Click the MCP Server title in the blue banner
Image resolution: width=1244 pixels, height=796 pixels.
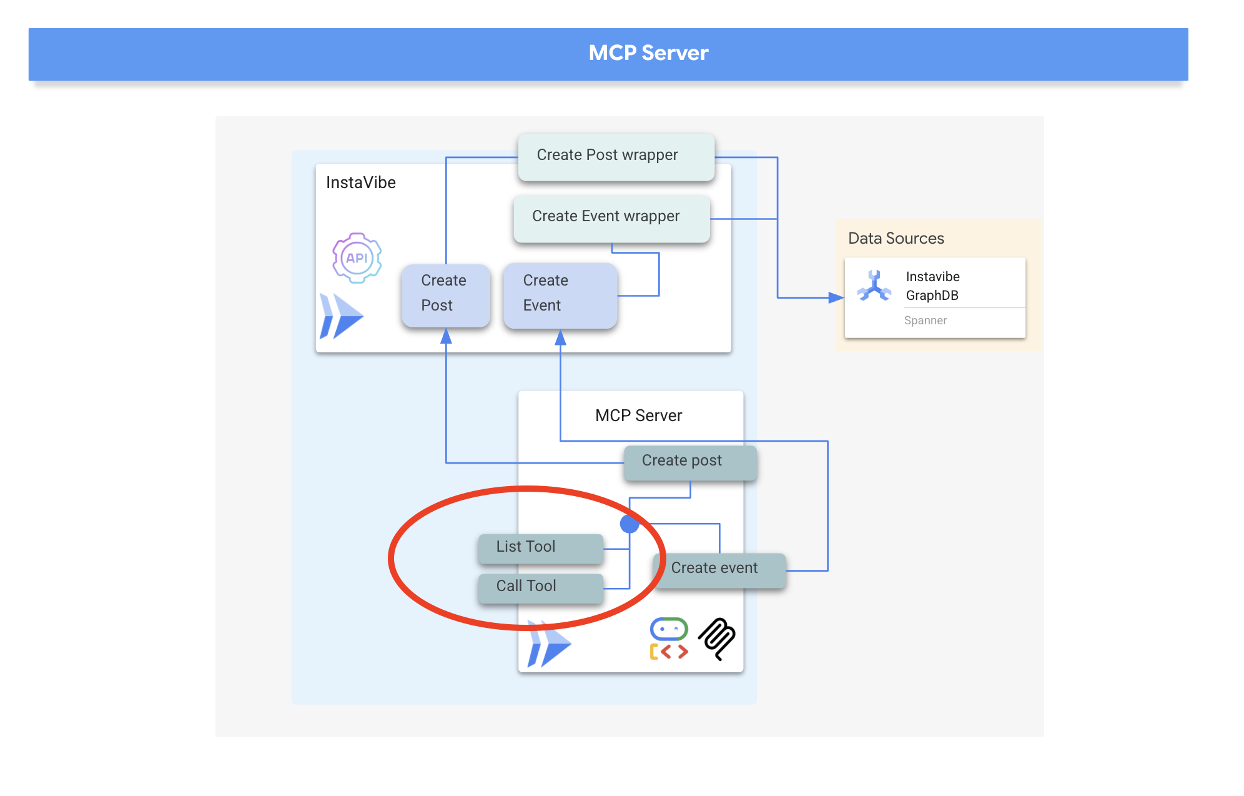(x=648, y=53)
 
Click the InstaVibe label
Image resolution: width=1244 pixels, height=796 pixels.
(x=360, y=182)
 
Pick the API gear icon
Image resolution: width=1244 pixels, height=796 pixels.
(x=357, y=258)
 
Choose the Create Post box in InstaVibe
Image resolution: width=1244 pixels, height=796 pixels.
(x=445, y=294)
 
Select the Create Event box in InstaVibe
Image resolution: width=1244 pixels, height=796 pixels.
(x=560, y=294)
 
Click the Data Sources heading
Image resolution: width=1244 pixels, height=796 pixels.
(x=896, y=238)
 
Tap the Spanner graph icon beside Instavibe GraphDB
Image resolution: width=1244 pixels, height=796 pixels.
(x=874, y=286)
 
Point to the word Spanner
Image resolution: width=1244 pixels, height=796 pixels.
(x=925, y=321)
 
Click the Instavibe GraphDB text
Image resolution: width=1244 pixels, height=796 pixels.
(x=932, y=286)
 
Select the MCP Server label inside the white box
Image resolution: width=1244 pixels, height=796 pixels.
(x=638, y=415)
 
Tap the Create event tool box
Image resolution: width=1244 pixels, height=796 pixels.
(x=719, y=569)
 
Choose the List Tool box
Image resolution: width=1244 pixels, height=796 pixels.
(x=540, y=548)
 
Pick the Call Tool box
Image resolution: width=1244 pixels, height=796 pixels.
(x=540, y=587)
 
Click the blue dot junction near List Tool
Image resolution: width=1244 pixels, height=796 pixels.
(x=629, y=524)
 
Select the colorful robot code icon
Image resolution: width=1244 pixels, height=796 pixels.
(x=669, y=639)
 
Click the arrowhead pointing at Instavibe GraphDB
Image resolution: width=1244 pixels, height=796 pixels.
(x=836, y=297)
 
